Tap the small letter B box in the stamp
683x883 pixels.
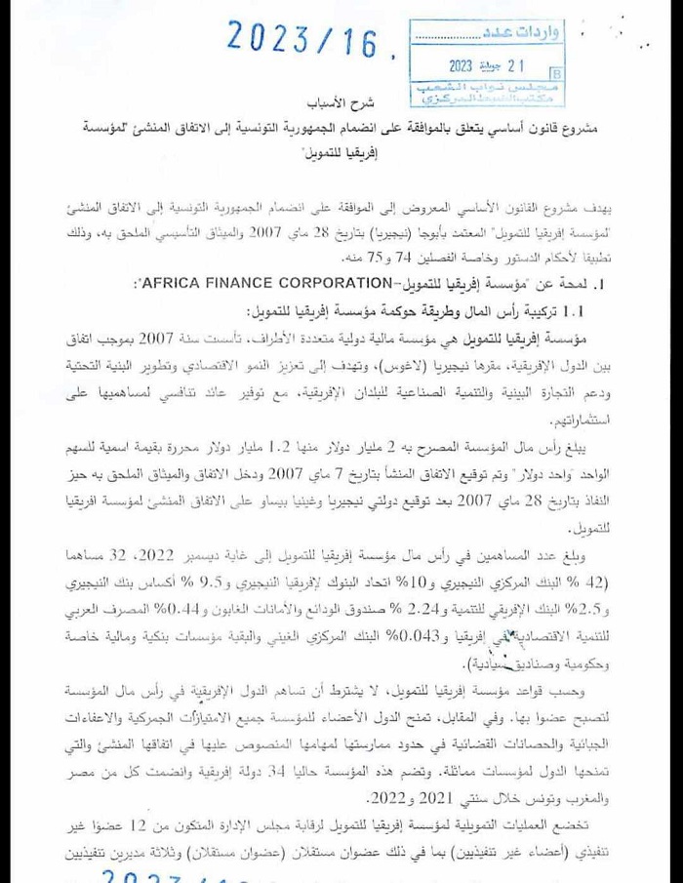[x=556, y=72]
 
